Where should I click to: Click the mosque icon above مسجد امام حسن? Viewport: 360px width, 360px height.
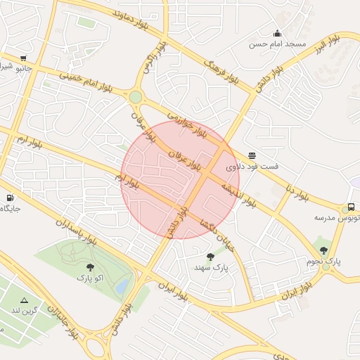(277, 33)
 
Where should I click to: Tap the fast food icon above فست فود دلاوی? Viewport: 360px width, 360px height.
(252, 156)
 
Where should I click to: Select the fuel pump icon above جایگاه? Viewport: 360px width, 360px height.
(9, 198)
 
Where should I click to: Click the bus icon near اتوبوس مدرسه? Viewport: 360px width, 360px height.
(351, 207)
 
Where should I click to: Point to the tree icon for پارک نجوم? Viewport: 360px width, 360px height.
(323, 250)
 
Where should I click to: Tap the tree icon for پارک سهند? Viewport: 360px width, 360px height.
(210, 257)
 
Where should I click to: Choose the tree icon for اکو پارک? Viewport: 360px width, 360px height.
(89, 266)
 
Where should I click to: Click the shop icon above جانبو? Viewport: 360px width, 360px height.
(23, 58)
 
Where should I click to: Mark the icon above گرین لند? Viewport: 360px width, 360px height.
(25, 300)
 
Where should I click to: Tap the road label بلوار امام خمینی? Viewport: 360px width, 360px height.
(86, 82)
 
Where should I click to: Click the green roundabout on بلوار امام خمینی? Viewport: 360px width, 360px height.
(135, 97)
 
